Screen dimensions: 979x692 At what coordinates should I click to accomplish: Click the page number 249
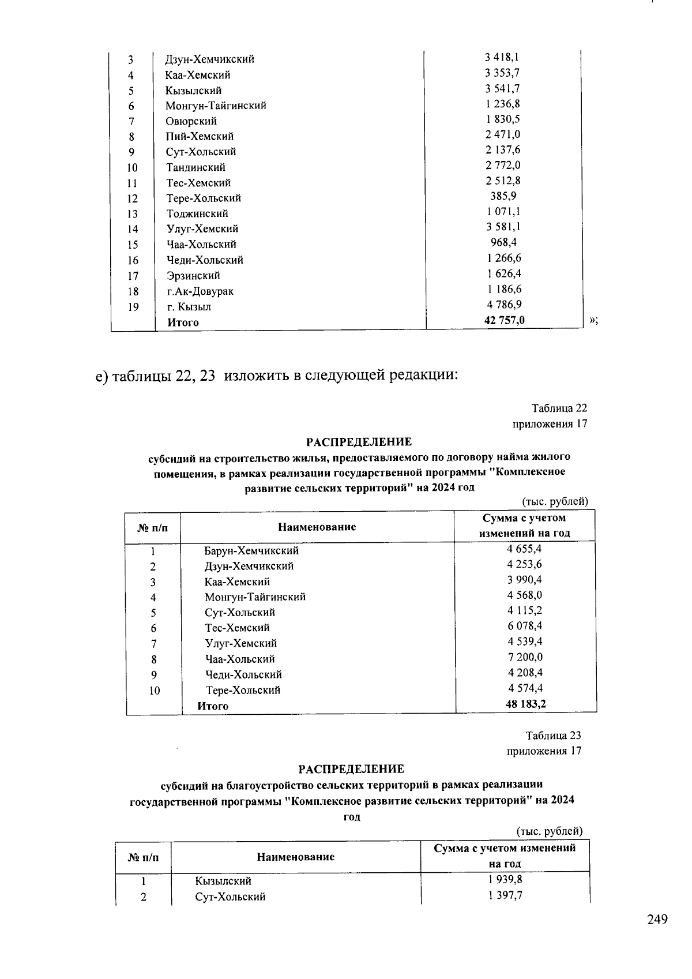coord(657,920)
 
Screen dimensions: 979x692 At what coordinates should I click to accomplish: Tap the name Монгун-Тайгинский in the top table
coord(215,106)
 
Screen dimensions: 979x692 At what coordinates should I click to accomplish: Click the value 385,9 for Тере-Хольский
coord(503,196)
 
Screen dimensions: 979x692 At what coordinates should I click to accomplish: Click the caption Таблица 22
coord(559,408)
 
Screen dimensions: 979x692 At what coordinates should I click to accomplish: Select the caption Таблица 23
coord(553,736)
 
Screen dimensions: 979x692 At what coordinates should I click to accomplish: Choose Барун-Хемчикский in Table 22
coord(251,550)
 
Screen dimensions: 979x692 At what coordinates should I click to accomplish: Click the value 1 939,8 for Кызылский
coord(505,880)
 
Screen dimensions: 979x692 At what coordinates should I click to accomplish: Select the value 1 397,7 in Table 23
coord(505,895)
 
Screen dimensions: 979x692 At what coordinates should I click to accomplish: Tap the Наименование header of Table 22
coord(317,527)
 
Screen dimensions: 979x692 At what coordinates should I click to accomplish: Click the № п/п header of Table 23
coord(143,857)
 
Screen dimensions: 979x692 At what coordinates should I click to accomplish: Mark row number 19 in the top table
coord(133,307)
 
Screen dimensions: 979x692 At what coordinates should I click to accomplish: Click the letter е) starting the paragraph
coord(102,377)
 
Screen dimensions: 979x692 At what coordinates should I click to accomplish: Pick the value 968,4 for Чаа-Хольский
coord(503,242)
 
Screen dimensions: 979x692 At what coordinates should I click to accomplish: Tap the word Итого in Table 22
coord(213,706)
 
